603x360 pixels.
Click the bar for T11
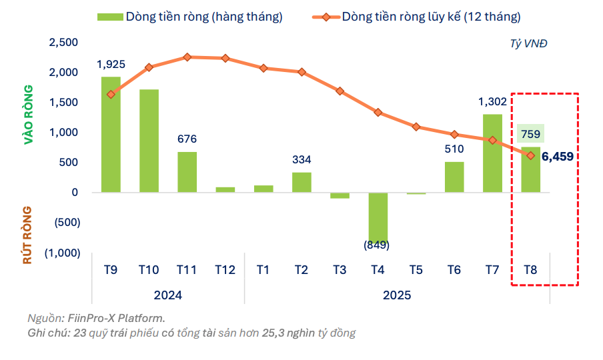187,172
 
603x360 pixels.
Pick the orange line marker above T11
187,57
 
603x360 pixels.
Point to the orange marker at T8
530,155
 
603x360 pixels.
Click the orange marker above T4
378,113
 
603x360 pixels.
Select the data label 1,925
111,65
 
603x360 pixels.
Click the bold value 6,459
558,157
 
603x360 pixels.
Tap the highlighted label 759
530,133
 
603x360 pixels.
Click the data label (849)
377,245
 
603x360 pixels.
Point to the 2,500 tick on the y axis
64,43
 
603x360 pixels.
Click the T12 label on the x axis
225,270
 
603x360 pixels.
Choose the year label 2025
397,295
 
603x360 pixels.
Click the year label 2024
168,295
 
